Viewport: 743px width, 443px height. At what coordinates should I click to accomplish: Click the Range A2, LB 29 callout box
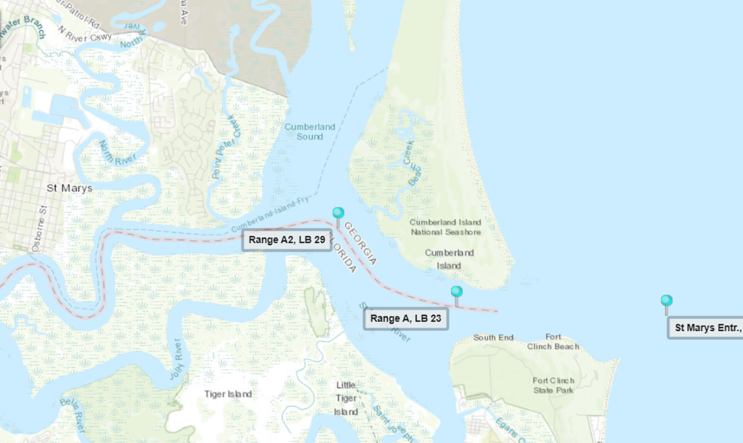pos(287,240)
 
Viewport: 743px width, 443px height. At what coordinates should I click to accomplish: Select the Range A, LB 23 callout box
pos(405,319)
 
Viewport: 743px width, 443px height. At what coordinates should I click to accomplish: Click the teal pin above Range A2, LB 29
pos(338,213)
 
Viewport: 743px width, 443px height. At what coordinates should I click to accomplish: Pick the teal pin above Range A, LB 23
pos(457,291)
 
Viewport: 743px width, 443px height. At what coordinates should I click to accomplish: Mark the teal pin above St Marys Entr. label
pos(666,301)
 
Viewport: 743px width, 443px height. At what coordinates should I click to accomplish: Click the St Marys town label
pos(69,188)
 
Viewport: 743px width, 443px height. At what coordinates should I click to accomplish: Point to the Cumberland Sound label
pos(309,131)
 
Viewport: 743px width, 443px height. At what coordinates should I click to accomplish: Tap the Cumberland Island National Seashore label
pos(445,227)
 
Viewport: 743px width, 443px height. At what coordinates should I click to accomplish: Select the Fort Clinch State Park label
pos(553,385)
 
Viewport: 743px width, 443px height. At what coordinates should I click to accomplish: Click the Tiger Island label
pos(228,394)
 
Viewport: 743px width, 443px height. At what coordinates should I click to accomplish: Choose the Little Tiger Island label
pos(346,398)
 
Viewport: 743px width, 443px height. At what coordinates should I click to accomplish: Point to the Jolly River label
pos(177,359)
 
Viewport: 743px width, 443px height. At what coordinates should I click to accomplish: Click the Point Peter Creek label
pos(226,147)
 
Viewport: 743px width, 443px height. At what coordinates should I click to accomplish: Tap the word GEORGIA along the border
pos(360,244)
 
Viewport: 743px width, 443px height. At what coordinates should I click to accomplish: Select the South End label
pos(493,337)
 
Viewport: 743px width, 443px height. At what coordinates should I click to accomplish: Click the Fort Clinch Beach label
pos(553,342)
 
